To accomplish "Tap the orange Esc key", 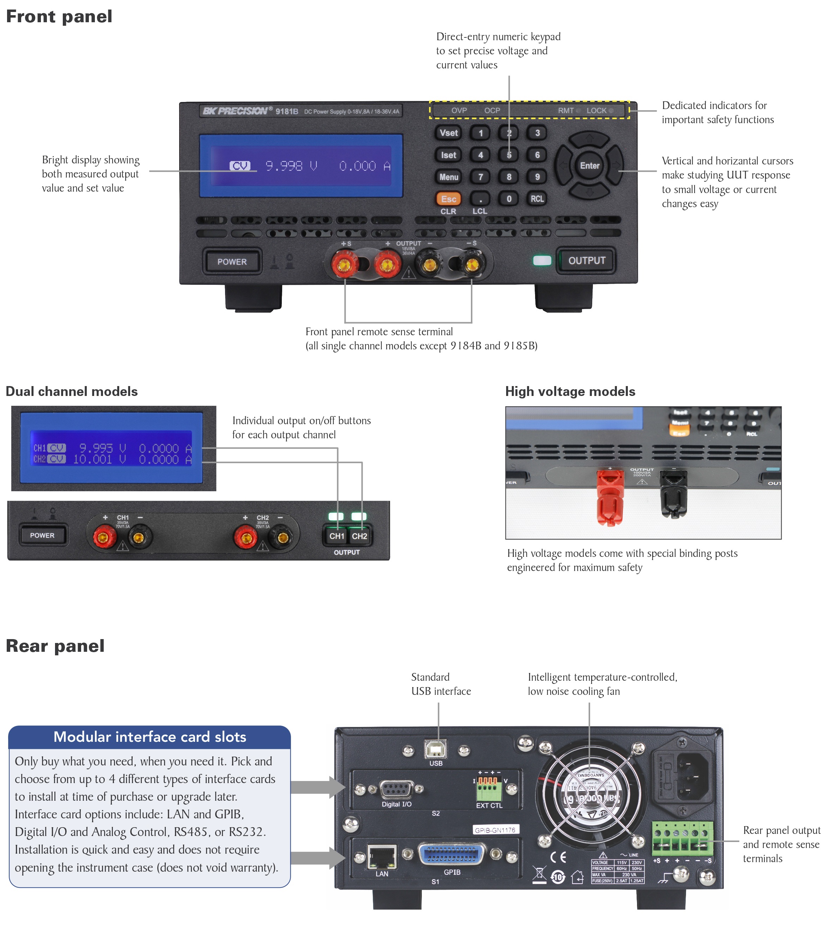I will point(448,199).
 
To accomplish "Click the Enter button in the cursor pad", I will point(589,166).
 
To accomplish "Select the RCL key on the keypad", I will point(537,199).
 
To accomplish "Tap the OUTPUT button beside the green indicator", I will point(586,261).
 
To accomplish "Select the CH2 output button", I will point(359,536).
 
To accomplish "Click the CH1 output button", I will point(337,536).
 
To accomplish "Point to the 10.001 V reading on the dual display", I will point(99,459).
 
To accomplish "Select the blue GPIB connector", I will point(451,853).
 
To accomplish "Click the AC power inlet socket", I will point(693,777).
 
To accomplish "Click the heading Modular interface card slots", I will point(150,737).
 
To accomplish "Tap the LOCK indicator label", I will point(596,110).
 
